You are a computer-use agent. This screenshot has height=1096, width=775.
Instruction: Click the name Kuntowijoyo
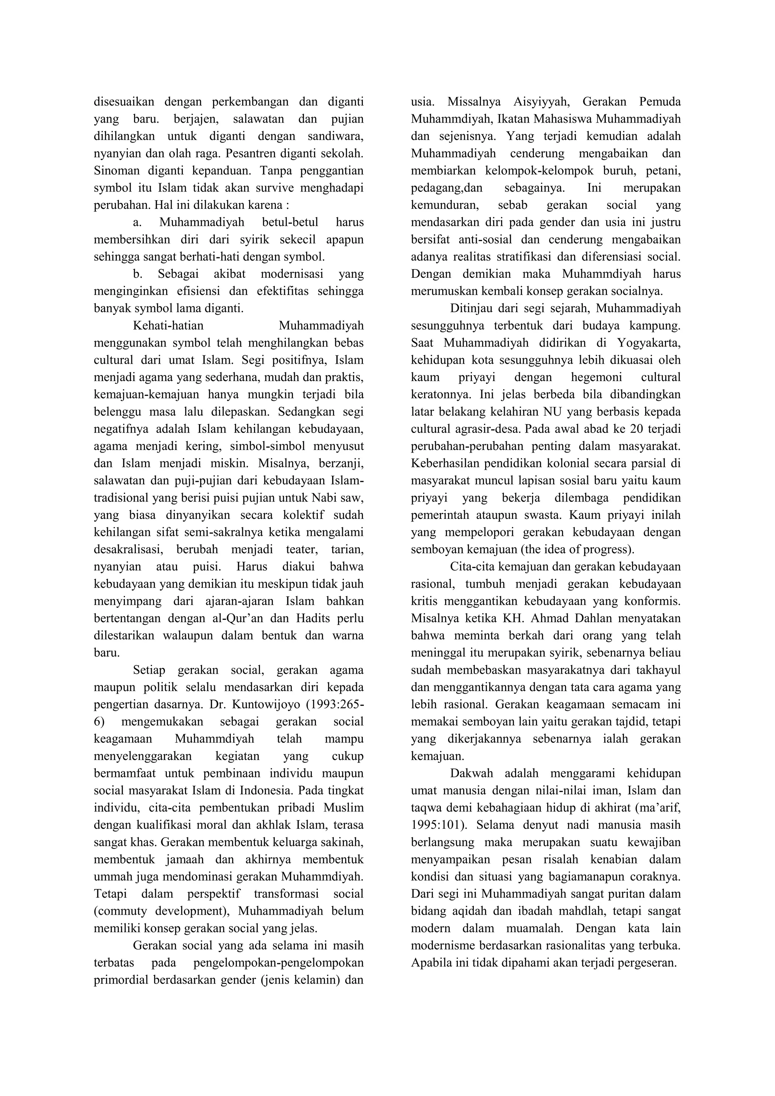tap(259, 705)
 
